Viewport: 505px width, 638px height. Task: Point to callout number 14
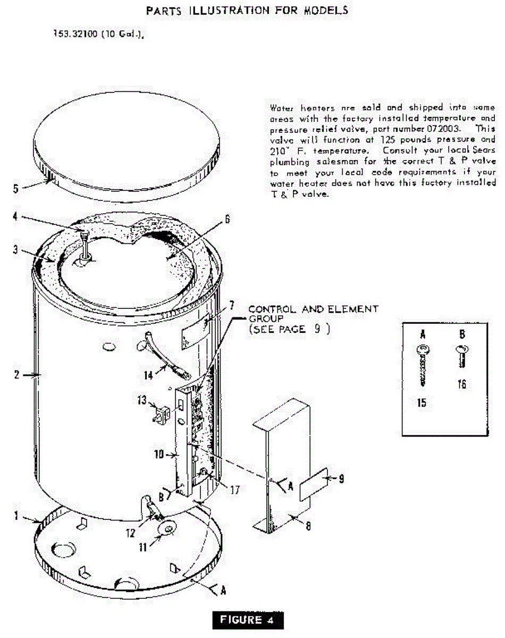tap(148, 375)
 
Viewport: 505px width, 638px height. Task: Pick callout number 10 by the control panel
tap(158, 455)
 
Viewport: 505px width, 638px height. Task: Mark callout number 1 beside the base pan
tap(16, 515)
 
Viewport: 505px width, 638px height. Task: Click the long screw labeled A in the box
tap(423, 366)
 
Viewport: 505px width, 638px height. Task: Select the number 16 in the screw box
tap(461, 384)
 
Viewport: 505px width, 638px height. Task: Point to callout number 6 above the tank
tap(227, 219)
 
